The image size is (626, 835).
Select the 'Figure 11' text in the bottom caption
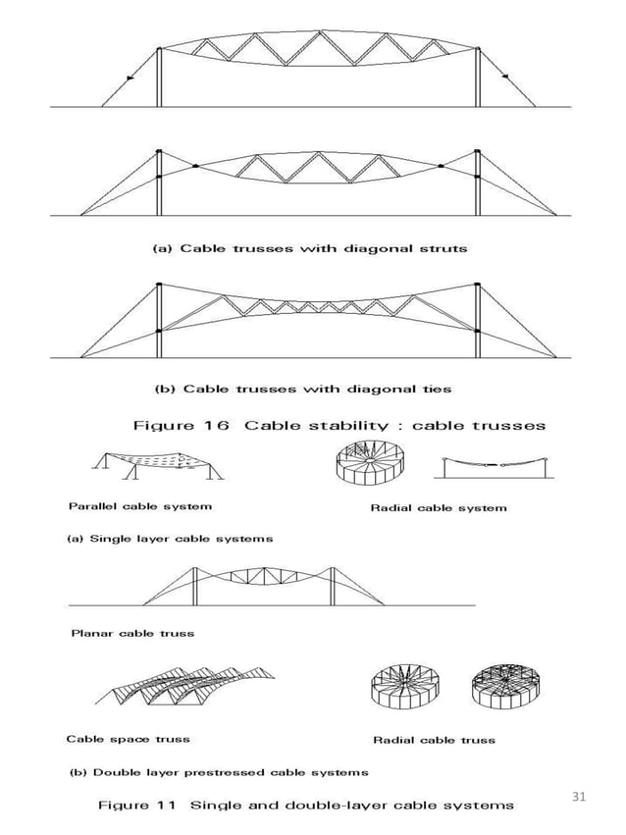136,806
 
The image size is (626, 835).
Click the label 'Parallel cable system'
139,506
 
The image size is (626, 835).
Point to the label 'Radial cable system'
439,507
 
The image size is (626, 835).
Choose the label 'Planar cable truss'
132,633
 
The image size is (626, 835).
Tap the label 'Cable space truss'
128,738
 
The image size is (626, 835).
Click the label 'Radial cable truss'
434,739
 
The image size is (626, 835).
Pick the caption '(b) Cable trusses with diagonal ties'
302,389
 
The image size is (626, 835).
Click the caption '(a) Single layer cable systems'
169,538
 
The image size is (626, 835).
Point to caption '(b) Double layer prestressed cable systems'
217,771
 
